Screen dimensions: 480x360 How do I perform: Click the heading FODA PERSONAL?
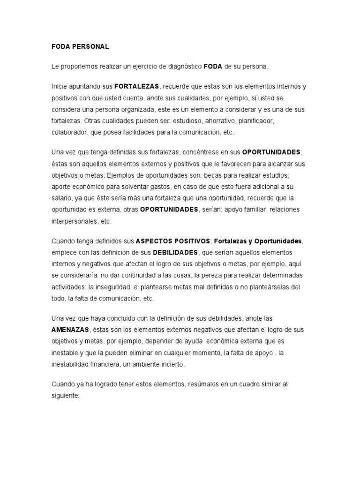coord(80,47)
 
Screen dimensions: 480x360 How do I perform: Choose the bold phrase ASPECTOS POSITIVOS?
coord(172,241)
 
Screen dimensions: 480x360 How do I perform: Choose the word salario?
coord(62,198)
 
